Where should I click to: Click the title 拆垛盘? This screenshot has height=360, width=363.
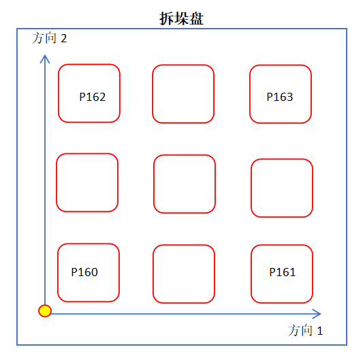181,18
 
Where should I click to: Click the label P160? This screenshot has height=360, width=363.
84,272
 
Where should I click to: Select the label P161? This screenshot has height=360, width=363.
283,272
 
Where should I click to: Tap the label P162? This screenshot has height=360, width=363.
93,97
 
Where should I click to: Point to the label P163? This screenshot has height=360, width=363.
280,97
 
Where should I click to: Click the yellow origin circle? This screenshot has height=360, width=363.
45,311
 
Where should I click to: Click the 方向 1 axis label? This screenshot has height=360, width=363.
305,331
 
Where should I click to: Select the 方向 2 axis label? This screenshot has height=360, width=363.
49,38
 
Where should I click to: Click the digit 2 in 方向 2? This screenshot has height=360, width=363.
64,38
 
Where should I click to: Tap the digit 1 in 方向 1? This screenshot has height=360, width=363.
320,331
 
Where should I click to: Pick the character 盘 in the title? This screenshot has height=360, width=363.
196,18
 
